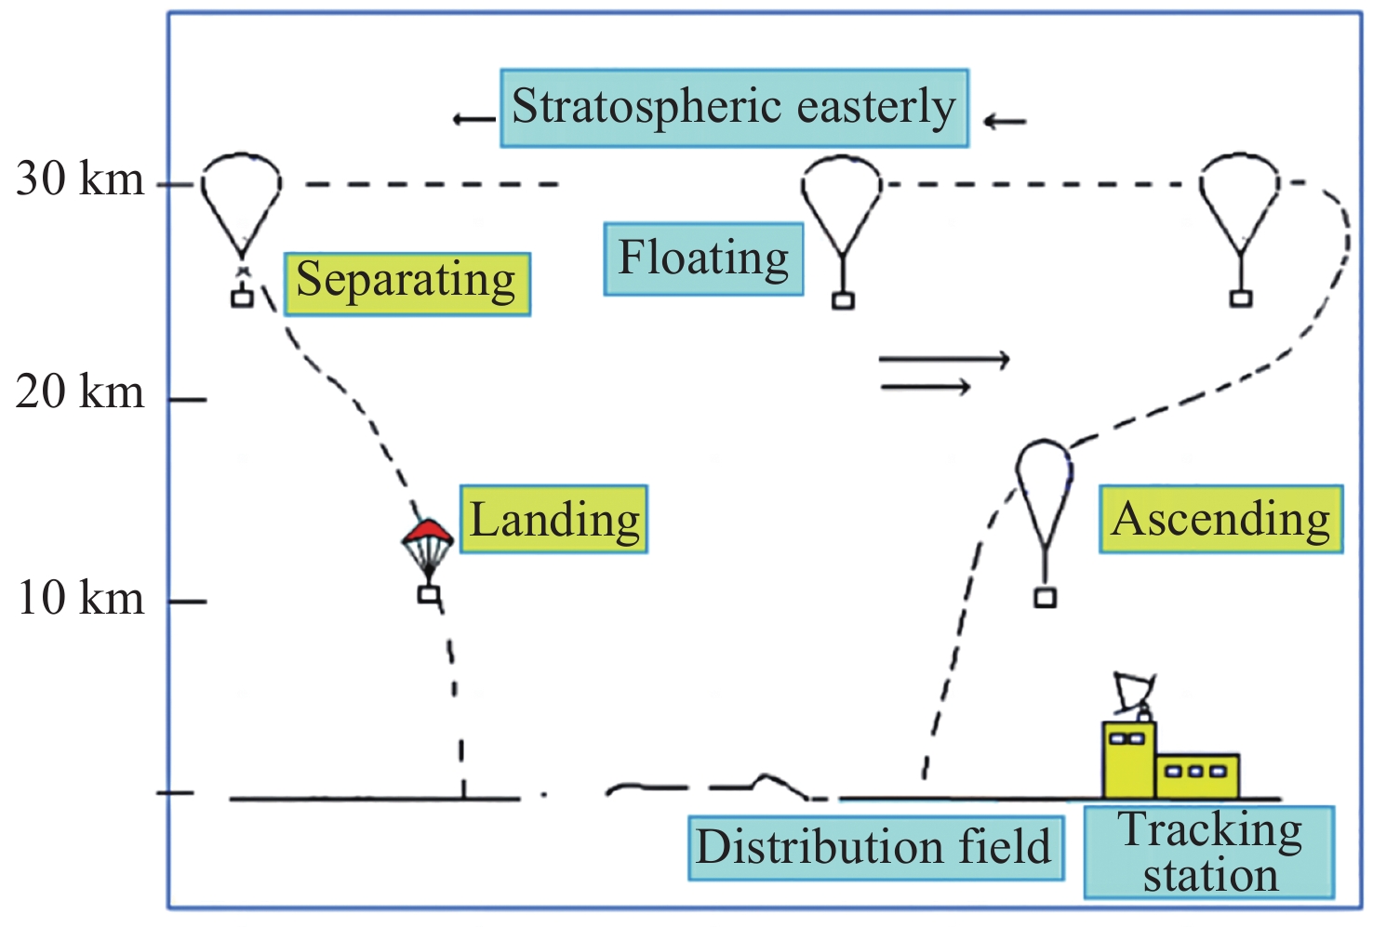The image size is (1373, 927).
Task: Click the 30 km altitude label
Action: coord(81,179)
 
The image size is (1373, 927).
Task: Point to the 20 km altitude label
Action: coord(81,391)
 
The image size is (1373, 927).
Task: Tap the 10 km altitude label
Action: coord(81,597)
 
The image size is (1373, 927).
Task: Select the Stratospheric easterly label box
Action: coord(734,107)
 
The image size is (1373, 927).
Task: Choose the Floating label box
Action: coord(703,258)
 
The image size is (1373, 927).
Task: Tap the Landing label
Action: coord(554,519)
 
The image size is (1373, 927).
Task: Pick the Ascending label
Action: coord(1220,519)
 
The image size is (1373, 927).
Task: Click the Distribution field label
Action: coord(874,847)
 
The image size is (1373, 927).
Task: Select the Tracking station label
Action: coord(1209,852)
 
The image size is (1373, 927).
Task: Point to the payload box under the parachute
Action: coord(428,593)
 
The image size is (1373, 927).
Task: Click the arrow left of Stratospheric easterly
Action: coord(473,119)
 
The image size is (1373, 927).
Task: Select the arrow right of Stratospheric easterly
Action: coord(1005,120)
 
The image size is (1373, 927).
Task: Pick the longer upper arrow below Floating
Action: coord(943,359)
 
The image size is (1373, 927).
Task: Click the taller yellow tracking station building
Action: coord(1128,759)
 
